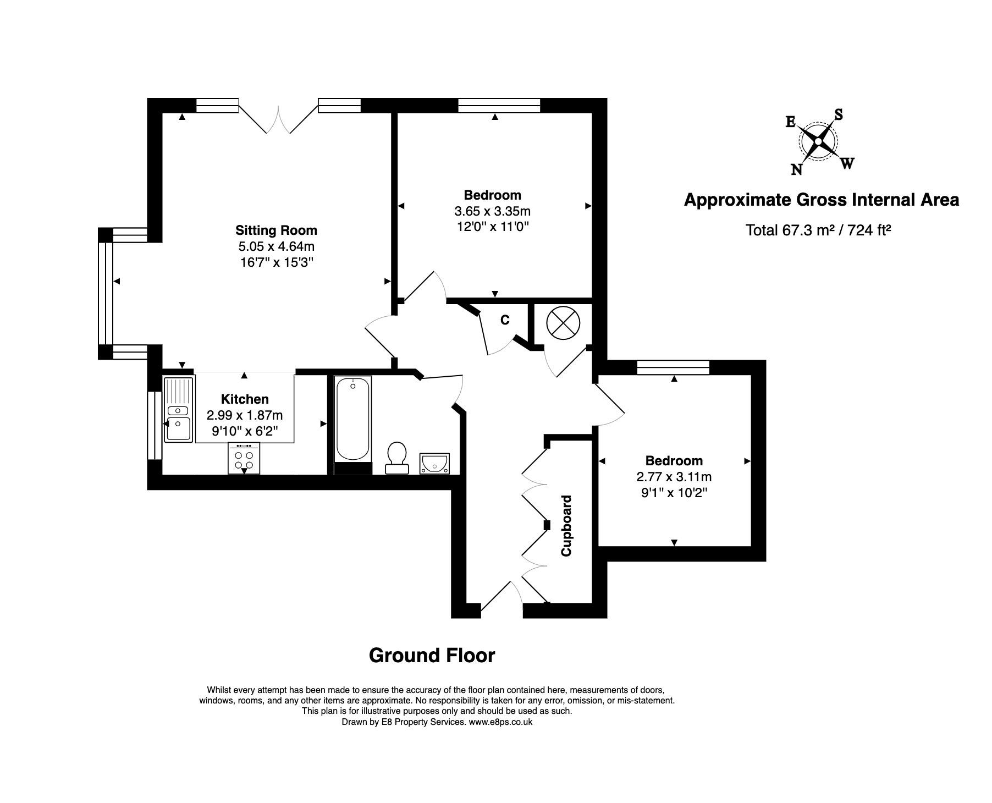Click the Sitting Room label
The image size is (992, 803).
276,230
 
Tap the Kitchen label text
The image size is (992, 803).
245,399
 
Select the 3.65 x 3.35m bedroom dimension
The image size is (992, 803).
492,211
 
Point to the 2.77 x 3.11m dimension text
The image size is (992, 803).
674,477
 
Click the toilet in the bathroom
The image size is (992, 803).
397,458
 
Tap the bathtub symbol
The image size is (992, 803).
352,419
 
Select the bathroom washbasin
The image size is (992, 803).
434,463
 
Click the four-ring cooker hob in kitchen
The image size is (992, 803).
244,459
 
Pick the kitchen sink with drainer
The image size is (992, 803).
178,409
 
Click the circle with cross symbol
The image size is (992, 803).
563,323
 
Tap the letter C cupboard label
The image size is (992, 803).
505,320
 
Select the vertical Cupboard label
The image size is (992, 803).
566,526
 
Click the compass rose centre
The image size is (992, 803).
818,142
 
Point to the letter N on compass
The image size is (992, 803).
796,170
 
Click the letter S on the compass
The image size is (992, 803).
839,114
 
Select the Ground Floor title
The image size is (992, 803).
432,656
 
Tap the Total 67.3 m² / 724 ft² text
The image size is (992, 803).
818,230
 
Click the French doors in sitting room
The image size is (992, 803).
278,118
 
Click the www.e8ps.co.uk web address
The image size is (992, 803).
500,722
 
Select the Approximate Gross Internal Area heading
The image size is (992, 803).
821,200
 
